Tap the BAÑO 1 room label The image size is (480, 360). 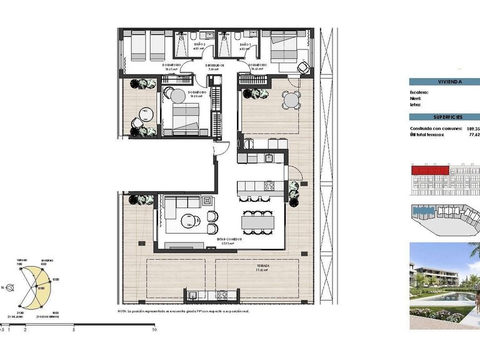[246, 45]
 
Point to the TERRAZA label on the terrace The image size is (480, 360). [262, 266]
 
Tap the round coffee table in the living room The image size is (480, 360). [188, 220]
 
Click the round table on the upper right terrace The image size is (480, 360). [289, 99]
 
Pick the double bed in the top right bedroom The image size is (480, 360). [284, 47]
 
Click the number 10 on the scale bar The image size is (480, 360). [154, 329]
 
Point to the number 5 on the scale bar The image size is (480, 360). [74, 329]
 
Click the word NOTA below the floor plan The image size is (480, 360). [122, 311]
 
